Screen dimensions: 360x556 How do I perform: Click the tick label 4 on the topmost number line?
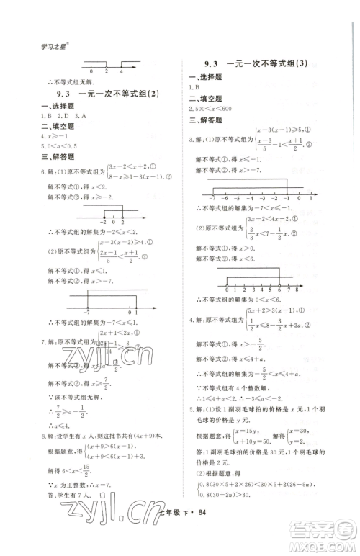click(121, 71)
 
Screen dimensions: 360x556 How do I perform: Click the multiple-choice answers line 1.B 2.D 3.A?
click(61, 115)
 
